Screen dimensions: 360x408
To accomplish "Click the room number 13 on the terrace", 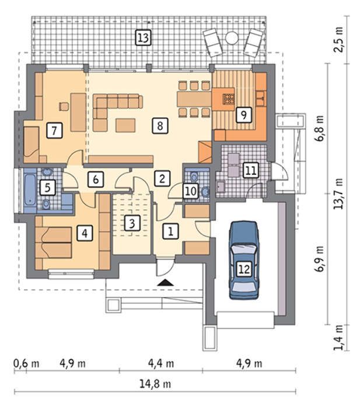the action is pos(144,38).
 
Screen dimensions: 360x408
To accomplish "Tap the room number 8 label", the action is pos(160,126).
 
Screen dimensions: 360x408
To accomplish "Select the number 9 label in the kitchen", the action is pos(244,114).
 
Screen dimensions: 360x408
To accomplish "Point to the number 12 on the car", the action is pos(244,269).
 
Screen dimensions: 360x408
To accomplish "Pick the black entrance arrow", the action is pos(165,282).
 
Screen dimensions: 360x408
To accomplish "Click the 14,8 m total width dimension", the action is pos(155,384).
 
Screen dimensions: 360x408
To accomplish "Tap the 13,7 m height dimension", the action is pos(338,194).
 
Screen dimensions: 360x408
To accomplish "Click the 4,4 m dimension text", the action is pos(161,363).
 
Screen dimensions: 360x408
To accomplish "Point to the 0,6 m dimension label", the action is pos(26,364).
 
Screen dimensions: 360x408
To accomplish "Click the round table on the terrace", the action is pos(232,38).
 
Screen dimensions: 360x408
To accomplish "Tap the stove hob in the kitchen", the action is pos(228,99).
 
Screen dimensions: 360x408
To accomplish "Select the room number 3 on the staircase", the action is pos(132,223).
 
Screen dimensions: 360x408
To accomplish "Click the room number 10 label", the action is pos(191,191).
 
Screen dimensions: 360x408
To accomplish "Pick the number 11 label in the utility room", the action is pos(251,170).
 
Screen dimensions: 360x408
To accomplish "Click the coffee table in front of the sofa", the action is pos(125,125).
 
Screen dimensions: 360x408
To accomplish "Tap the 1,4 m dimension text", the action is pos(338,337).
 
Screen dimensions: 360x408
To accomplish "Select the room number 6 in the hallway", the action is pos(96,180).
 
